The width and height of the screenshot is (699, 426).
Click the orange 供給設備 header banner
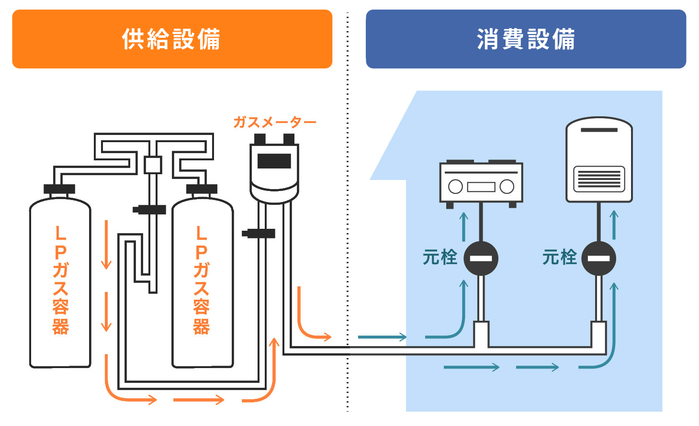pos(172,39)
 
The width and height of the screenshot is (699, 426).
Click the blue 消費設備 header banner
pos(526,39)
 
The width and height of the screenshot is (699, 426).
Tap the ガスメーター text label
pos(274,123)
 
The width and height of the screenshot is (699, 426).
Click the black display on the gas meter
pos(274,161)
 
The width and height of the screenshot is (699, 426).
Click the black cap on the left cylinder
pos(59,189)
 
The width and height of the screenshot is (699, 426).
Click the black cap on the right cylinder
pos(202,189)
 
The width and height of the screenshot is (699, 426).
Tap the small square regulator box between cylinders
pos(153,165)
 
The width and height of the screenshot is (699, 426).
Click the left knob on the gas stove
pos(455,187)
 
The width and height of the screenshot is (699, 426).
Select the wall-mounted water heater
pos(599,160)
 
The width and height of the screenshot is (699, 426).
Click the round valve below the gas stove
pos(481,258)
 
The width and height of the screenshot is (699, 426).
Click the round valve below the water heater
pos(599,258)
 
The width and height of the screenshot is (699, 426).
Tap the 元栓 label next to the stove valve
pos(440,258)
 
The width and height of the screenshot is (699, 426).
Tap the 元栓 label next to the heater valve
pos(559,258)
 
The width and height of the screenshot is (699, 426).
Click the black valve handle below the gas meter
pos(259,234)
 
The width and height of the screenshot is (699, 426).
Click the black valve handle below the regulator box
pos(149,210)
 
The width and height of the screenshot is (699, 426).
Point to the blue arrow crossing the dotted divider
pos(382,337)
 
